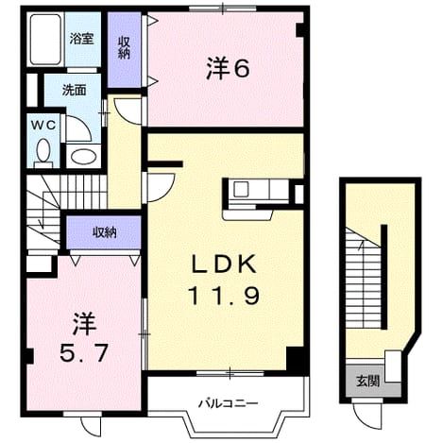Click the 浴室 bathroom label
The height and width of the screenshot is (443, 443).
point(81,39)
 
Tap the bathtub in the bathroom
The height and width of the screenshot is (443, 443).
point(45,39)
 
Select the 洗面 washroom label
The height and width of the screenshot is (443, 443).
point(74,91)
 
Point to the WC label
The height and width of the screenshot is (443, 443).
point(43,126)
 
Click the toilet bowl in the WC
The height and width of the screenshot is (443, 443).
point(43,151)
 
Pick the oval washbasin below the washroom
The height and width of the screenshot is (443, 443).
point(82,157)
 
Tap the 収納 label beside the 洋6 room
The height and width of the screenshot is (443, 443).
point(124,48)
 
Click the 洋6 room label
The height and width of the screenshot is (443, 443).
point(228,69)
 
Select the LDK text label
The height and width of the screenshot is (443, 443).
point(224,264)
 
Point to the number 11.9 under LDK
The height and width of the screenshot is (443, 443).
point(224,296)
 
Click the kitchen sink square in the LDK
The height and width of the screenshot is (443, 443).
point(241,190)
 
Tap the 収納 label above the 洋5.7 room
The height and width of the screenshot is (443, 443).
point(104,232)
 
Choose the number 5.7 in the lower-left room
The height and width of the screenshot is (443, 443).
point(84,352)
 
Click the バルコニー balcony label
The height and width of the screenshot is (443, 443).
point(229,402)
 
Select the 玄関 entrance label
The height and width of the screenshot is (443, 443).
point(367,382)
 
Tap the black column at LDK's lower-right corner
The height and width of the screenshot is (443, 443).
point(295,358)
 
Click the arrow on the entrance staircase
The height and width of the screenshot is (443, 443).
point(361,245)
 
